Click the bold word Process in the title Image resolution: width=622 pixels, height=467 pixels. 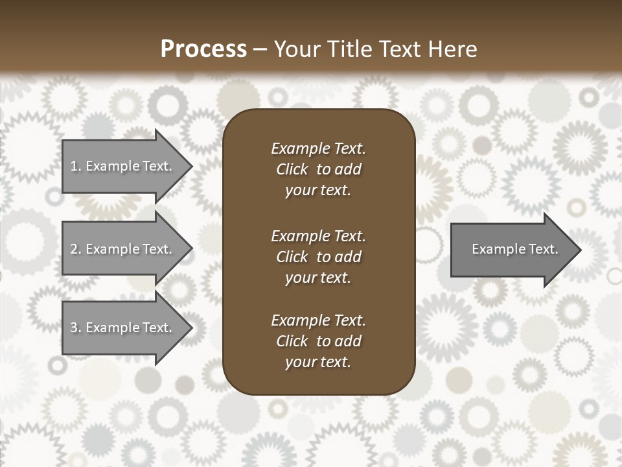[203, 49]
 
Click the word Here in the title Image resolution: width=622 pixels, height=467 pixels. [452, 49]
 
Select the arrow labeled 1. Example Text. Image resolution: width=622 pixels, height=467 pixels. [123, 166]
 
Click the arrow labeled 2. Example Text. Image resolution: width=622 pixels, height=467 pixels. [123, 249]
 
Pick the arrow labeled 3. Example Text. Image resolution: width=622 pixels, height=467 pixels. [123, 328]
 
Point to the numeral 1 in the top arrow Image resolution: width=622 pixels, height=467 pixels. [73, 166]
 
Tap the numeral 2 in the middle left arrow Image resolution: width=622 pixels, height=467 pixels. [74, 249]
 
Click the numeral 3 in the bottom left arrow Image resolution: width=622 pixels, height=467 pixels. [74, 328]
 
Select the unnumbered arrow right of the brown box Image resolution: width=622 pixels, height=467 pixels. [512, 249]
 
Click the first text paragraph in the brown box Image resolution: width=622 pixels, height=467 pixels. [318, 169]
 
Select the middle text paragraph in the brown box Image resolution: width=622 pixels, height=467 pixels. [318, 257]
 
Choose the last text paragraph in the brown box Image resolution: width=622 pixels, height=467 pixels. [318, 341]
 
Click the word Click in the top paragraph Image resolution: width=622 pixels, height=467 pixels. [292, 169]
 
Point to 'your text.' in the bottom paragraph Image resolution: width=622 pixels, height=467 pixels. [317, 362]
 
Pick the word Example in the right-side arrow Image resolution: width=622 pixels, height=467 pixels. [494, 249]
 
